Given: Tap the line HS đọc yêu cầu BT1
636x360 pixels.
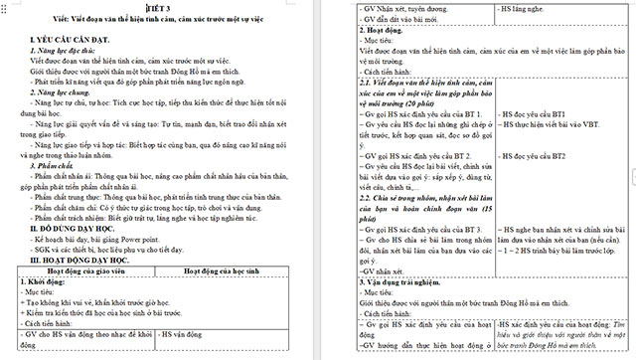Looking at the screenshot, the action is coord(533,115).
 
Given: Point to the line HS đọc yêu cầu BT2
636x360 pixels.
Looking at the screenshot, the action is coord(533,157).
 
